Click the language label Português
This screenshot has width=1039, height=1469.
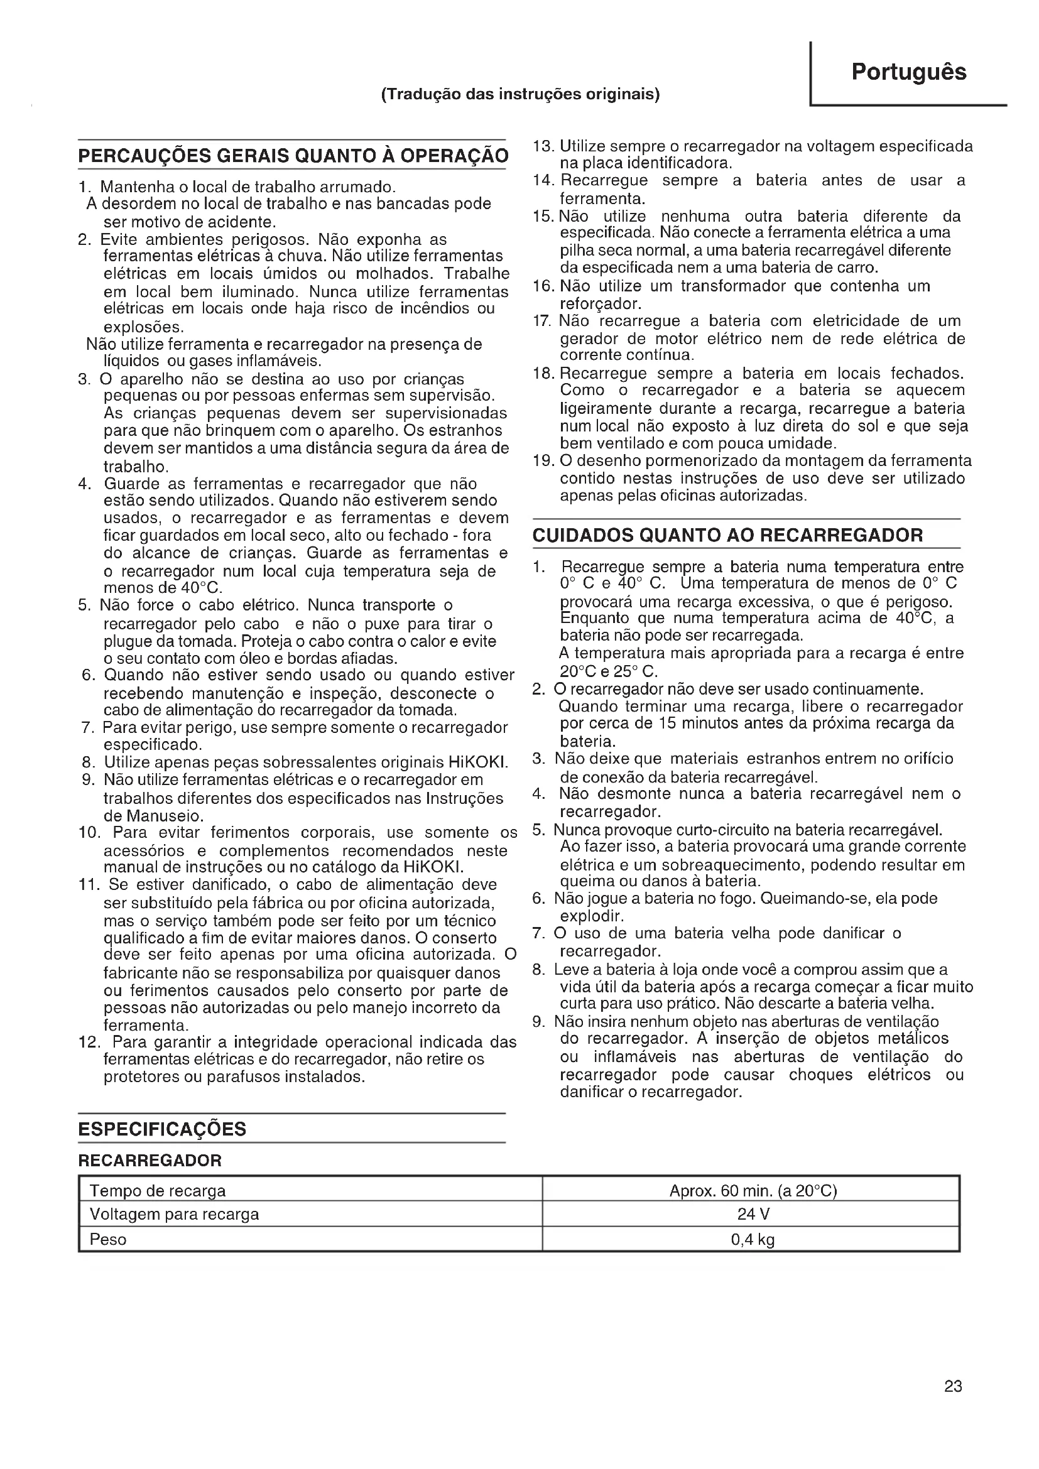pyautogui.click(x=908, y=72)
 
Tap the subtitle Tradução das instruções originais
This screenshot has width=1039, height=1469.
pyautogui.click(x=520, y=95)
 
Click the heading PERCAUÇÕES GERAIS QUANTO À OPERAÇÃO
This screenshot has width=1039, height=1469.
pyautogui.click(x=293, y=156)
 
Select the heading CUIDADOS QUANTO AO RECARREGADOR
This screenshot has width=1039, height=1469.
pyautogui.click(x=727, y=535)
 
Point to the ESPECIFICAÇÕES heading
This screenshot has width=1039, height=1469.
pyautogui.click(x=162, y=1129)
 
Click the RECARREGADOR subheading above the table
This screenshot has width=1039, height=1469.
pyautogui.click(x=150, y=1160)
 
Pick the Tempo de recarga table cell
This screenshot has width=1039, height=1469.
pyautogui.click(x=158, y=1191)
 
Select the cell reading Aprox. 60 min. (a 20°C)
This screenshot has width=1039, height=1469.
pyautogui.click(x=753, y=1191)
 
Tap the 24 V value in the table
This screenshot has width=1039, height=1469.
pyautogui.click(x=753, y=1215)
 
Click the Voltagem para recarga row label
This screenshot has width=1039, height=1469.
pyautogui.click(x=174, y=1215)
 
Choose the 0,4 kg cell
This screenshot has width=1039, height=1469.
pyautogui.click(x=753, y=1239)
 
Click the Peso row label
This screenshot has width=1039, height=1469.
pyautogui.click(x=107, y=1239)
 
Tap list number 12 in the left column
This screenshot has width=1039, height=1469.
pyautogui.click(x=89, y=1041)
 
